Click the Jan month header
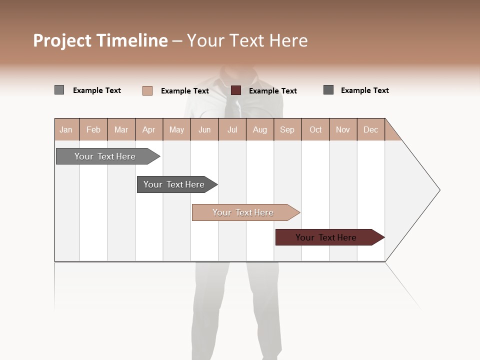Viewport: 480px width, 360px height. click(x=66, y=129)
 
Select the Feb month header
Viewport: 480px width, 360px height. click(x=93, y=129)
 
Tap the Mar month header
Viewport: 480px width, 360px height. click(x=121, y=129)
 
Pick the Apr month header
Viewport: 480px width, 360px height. click(x=149, y=129)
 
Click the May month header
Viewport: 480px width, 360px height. click(x=176, y=129)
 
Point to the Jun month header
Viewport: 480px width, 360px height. click(x=204, y=129)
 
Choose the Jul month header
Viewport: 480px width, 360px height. click(x=232, y=129)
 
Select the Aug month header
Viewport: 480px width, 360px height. click(x=260, y=129)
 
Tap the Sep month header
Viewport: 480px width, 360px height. click(x=287, y=129)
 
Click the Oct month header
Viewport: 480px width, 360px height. click(x=315, y=129)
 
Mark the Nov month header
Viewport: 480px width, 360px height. click(x=343, y=129)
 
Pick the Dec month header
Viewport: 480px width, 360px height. click(x=371, y=129)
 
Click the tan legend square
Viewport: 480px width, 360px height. click(x=147, y=90)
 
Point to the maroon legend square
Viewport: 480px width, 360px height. click(x=236, y=90)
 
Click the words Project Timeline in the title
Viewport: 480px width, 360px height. click(x=100, y=40)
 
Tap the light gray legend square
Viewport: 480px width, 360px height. click(x=59, y=90)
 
